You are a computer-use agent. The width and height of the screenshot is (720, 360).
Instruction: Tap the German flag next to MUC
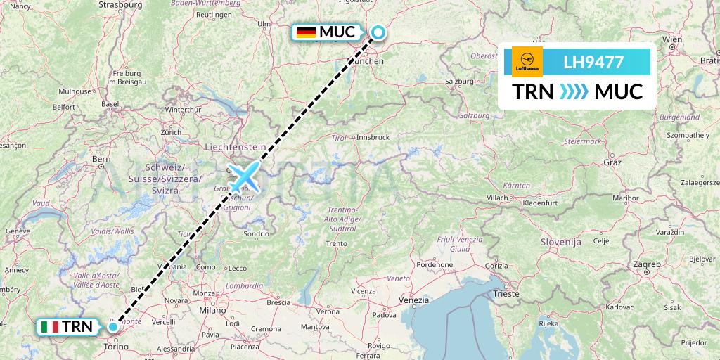click(x=306, y=32)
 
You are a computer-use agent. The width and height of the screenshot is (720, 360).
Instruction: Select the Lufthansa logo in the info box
click(x=527, y=62)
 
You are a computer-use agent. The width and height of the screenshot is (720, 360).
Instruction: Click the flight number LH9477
click(x=593, y=62)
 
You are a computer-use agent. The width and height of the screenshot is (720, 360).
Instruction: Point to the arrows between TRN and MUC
click(x=574, y=92)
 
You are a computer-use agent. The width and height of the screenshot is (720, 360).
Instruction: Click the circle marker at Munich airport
click(x=378, y=32)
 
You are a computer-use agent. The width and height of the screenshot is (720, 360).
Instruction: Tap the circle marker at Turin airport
click(x=113, y=326)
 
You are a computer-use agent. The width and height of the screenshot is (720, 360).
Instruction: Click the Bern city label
click(x=101, y=159)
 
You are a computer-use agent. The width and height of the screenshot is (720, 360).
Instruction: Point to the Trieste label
click(x=506, y=293)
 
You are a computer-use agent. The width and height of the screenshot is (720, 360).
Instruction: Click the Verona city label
click(x=328, y=311)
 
